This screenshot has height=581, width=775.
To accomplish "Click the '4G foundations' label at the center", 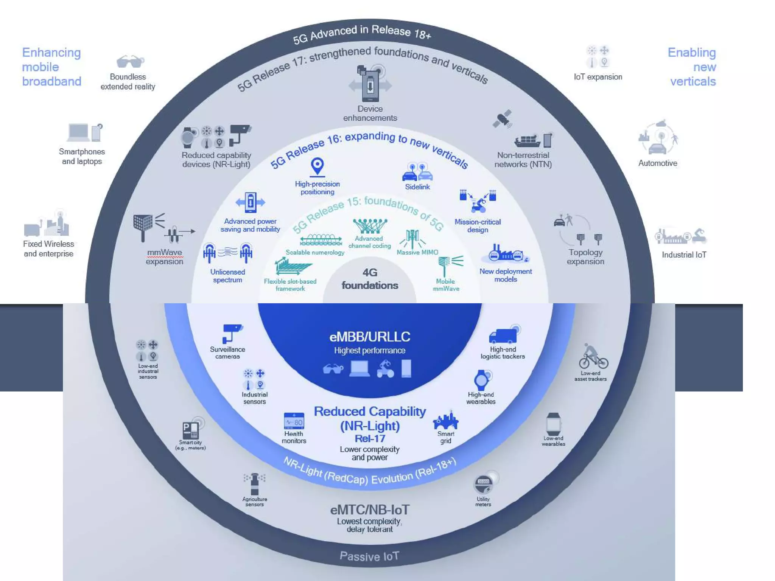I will pyautogui.click(x=370, y=279).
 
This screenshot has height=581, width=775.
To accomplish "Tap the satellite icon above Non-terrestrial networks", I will pyautogui.click(x=503, y=118).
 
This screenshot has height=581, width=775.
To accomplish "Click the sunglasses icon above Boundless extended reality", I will pyautogui.click(x=130, y=61).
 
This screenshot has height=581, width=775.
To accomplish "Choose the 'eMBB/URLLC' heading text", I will pyautogui.click(x=370, y=337).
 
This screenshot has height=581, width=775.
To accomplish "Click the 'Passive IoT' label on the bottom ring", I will pyautogui.click(x=369, y=556).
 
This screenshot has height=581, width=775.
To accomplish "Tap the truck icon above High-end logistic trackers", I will pyautogui.click(x=503, y=336).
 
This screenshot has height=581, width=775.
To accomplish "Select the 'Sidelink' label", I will pyautogui.click(x=417, y=187).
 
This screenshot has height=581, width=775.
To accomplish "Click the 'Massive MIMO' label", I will pyautogui.click(x=417, y=252).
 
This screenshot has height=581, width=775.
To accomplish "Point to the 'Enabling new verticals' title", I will pyautogui.click(x=692, y=67).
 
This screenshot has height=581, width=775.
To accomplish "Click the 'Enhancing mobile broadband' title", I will pyautogui.click(x=51, y=67).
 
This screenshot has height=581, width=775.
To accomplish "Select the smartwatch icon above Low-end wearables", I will pyautogui.click(x=553, y=424).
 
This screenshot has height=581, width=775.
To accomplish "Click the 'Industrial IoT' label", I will pyautogui.click(x=684, y=255).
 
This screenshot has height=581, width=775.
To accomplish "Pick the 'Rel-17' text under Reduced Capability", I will pyautogui.click(x=370, y=439).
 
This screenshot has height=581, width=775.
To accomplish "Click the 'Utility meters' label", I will pyautogui.click(x=483, y=502).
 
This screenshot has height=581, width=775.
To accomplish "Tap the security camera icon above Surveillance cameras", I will pyautogui.click(x=232, y=333).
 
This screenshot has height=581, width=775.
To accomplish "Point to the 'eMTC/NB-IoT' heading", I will pyautogui.click(x=370, y=510).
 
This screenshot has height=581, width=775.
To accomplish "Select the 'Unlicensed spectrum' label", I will pyautogui.click(x=227, y=276).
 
